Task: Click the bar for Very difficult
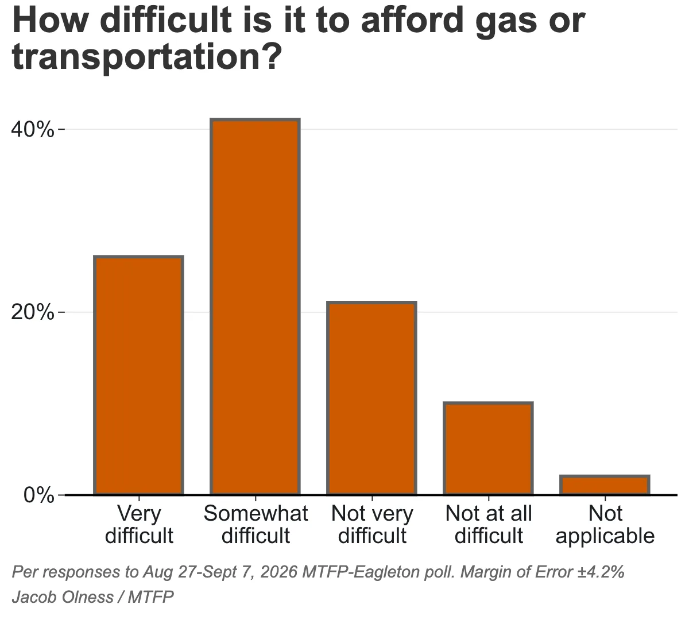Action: [138, 375]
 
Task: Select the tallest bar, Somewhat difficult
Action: [255, 307]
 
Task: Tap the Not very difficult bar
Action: [371, 398]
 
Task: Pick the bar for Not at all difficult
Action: [488, 448]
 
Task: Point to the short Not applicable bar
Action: [605, 485]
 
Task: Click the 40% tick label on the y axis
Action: [32, 130]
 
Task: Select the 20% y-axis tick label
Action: [32, 312]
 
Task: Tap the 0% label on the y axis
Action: [38, 495]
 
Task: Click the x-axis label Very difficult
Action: [139, 524]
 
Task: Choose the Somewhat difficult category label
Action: [256, 524]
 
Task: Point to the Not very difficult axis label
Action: [372, 524]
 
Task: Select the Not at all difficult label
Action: [489, 524]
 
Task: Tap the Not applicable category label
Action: [605, 524]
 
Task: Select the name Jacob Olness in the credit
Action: [63, 597]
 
